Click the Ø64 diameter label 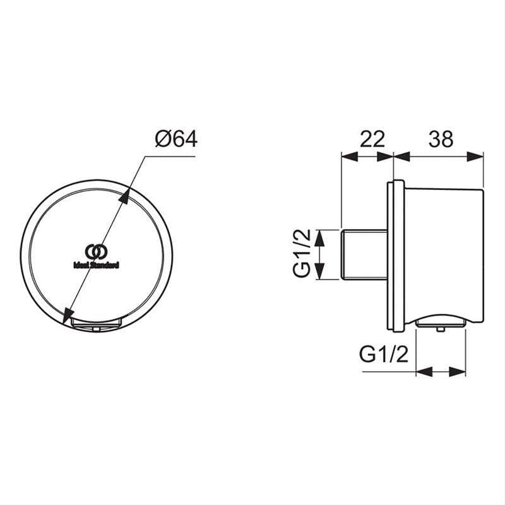176,138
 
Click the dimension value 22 372,139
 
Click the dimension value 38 440,139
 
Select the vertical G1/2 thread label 302,254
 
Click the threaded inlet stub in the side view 364,254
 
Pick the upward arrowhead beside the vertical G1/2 320,237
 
